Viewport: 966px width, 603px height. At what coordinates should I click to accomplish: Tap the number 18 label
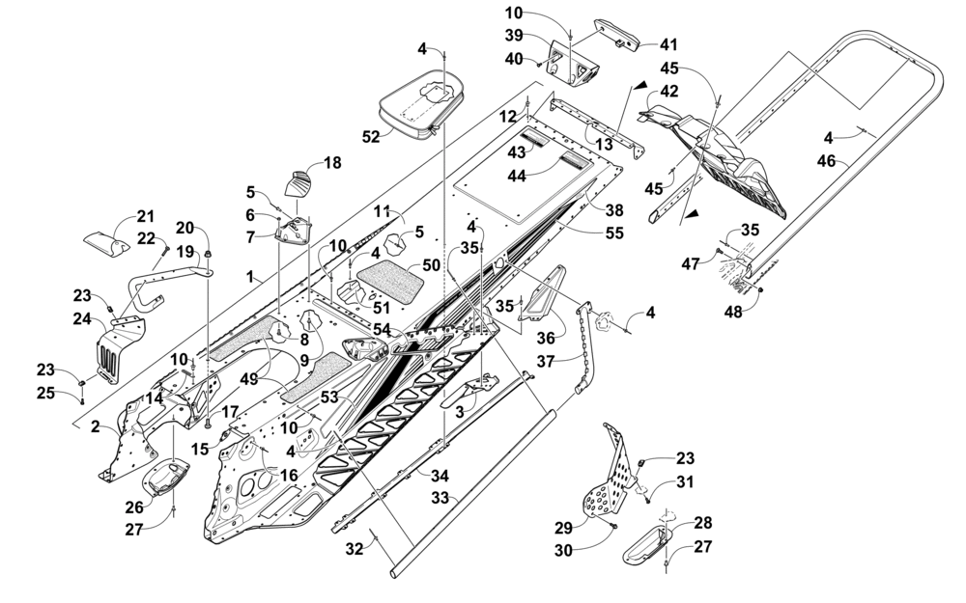click(x=333, y=164)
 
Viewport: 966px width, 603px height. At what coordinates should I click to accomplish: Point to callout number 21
click(x=145, y=215)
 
